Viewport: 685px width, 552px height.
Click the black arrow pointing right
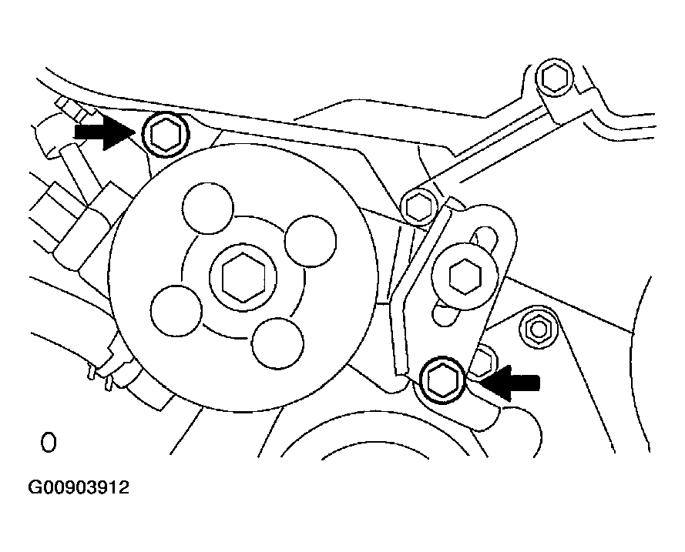point(102,132)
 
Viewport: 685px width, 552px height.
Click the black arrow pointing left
point(510,383)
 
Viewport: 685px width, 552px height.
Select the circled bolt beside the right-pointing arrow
point(166,134)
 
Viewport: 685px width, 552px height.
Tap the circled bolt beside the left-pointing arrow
point(442,378)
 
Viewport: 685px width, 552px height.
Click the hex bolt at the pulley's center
point(243,277)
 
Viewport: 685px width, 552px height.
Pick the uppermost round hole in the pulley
point(208,208)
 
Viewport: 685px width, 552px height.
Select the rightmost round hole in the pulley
point(311,241)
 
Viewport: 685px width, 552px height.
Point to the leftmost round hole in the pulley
point(176,311)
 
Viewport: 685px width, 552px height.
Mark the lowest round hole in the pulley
point(277,343)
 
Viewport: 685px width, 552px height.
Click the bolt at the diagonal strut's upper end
point(555,78)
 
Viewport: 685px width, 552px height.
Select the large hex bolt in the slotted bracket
point(465,276)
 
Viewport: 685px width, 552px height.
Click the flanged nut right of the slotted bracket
point(538,329)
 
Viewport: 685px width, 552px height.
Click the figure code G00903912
point(79,487)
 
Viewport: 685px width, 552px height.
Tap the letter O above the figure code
point(48,443)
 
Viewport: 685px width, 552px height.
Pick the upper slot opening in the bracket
point(483,237)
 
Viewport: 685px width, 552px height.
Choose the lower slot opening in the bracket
point(444,314)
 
